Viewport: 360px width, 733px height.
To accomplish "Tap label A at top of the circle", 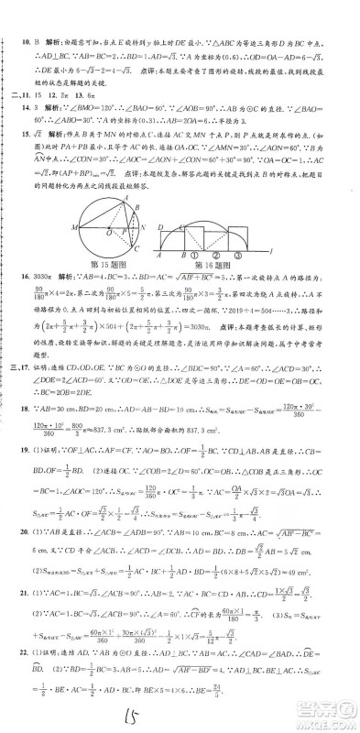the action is point(125,184).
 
